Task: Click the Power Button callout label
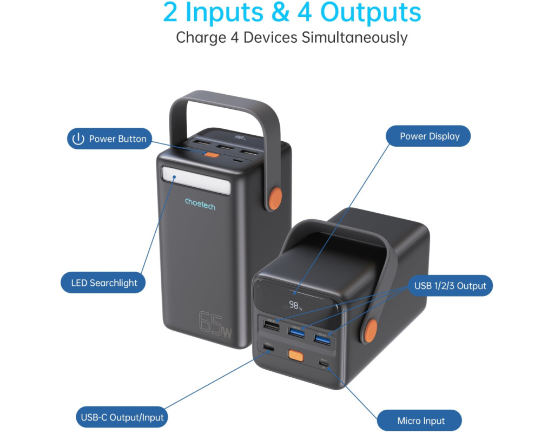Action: coord(109,139)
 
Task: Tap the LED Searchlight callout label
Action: coord(103,283)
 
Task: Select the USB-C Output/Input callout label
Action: coord(122,417)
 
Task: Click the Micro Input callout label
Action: coord(419,421)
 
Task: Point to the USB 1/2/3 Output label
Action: coord(450,286)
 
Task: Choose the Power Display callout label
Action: coord(428,136)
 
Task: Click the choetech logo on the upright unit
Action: coord(200,204)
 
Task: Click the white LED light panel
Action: coord(196,180)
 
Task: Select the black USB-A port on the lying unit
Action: coord(271,325)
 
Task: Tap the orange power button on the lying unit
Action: coord(296,356)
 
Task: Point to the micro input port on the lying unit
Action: coord(324,363)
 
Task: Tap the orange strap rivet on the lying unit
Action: coord(370,331)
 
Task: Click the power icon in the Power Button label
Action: coord(78,139)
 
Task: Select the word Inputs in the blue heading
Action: coord(225,13)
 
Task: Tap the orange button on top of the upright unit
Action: coord(212,154)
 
